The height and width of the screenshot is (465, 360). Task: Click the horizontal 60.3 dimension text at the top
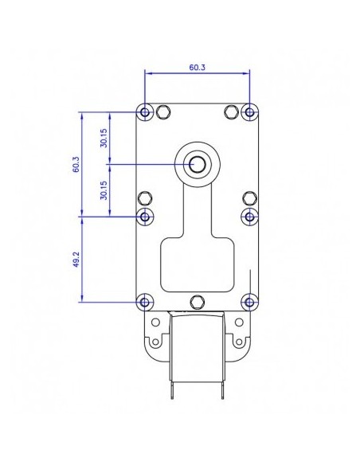(x=198, y=68)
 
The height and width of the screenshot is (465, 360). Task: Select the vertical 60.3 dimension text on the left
(x=76, y=165)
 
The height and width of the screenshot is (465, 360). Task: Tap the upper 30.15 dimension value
(x=104, y=138)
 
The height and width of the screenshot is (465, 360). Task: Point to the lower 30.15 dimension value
(x=104, y=190)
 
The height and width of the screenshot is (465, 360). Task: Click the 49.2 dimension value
(x=76, y=260)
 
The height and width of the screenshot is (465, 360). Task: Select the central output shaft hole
(x=197, y=164)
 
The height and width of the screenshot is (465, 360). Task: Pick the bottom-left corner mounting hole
(x=145, y=302)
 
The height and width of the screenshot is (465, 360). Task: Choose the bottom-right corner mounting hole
(x=250, y=302)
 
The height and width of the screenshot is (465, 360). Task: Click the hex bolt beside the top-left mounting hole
(x=163, y=111)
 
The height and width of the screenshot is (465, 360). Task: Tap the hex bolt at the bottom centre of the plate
(x=198, y=301)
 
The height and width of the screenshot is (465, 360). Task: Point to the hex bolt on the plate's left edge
(x=145, y=197)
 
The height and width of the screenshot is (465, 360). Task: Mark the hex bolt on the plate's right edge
(x=250, y=197)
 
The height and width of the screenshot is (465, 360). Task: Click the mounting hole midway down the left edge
(x=145, y=216)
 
